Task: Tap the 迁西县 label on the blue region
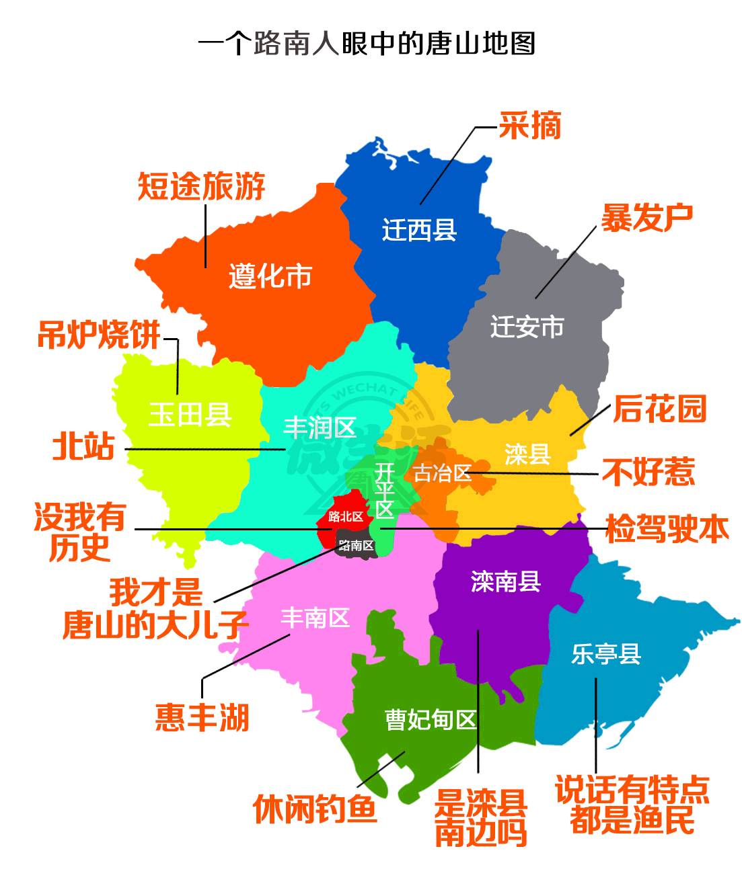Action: coord(419,230)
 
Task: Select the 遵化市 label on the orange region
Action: coord(270,276)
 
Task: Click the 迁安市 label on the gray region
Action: coord(527,327)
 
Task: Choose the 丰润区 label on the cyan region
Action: coord(320,427)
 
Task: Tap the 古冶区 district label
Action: coord(441,473)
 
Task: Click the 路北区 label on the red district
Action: coord(345,516)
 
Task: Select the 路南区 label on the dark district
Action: coord(356,545)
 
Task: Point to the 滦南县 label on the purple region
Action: coord(505,581)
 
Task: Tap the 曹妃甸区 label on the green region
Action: coord(431,720)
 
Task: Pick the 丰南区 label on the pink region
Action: coord(315,618)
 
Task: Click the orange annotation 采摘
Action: coord(529,125)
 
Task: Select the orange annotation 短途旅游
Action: coord(202,186)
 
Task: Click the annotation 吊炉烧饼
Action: coord(99,335)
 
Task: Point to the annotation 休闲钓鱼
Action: coord(315,809)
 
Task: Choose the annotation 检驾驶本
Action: coord(667,529)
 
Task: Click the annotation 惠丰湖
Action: coord(202,717)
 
